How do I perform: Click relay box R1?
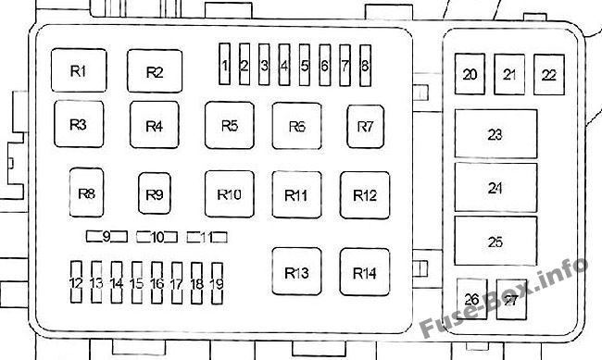coord(79,70)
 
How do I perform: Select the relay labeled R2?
coord(155,71)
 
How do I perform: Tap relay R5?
coord(230,125)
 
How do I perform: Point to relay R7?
coord(366,126)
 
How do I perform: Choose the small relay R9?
coord(155,193)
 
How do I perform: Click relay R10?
coord(230,194)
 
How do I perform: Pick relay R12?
coord(365,195)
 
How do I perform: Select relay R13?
coord(296,271)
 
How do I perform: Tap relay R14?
coord(365,272)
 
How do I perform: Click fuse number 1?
coord(225,64)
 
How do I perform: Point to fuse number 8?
coord(365,66)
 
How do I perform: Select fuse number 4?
coord(284,65)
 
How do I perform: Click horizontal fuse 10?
coord(157,237)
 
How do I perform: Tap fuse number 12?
coord(76,282)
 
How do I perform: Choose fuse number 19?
coord(217,283)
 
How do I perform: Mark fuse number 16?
coord(157,283)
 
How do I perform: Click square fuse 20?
coord(470,74)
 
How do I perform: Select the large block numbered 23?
coord(495,134)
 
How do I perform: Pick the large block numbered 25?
coord(495,241)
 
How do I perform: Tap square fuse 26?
coord(471,299)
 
